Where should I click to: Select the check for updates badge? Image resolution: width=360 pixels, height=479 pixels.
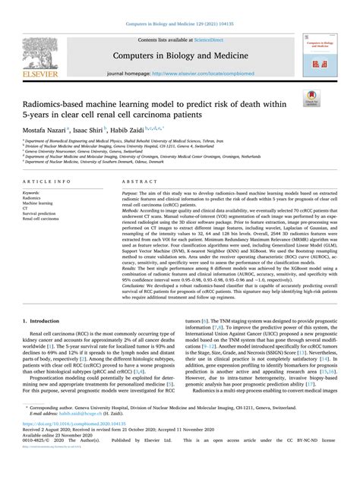tap(311, 96)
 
